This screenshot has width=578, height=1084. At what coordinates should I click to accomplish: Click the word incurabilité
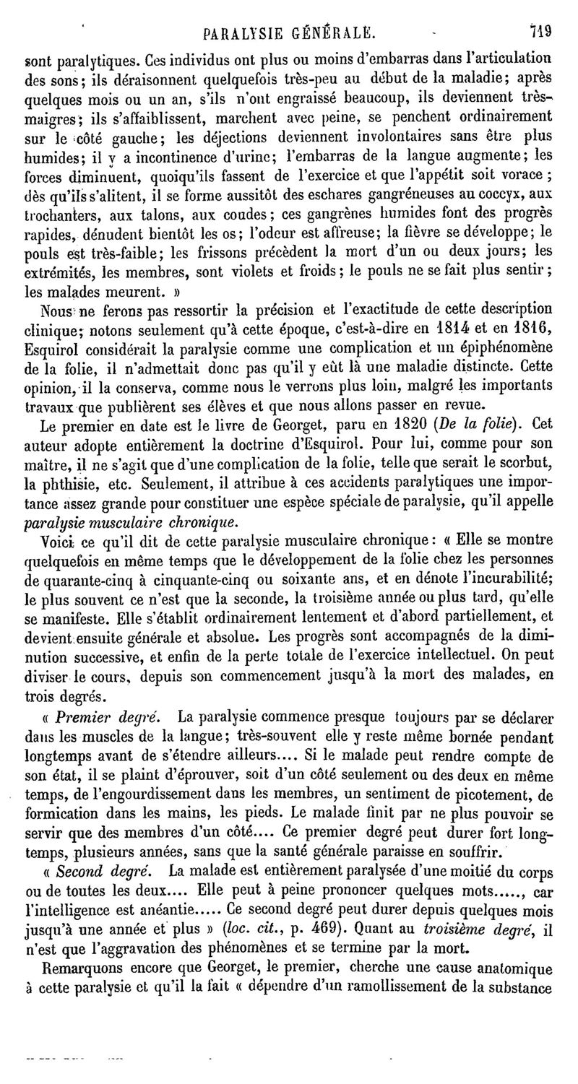click(x=504, y=578)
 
